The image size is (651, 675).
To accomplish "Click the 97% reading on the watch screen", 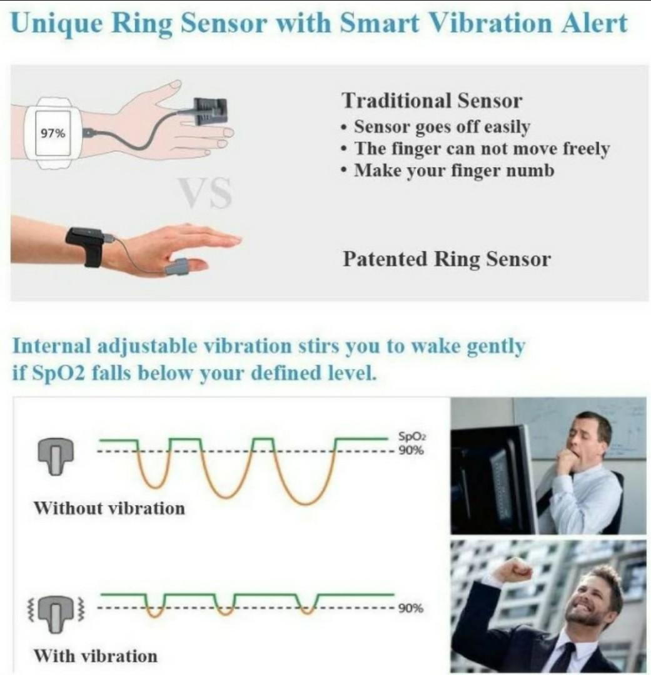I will [50, 133].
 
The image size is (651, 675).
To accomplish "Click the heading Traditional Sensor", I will [432, 100].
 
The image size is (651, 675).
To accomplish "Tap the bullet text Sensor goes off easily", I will [442, 127].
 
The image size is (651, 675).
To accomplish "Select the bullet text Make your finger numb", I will [454, 169].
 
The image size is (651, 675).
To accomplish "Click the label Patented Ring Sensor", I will [447, 259].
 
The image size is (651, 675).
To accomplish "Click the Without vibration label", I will [109, 507].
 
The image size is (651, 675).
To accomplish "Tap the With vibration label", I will [96, 656].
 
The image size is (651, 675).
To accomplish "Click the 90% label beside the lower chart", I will [410, 607].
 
